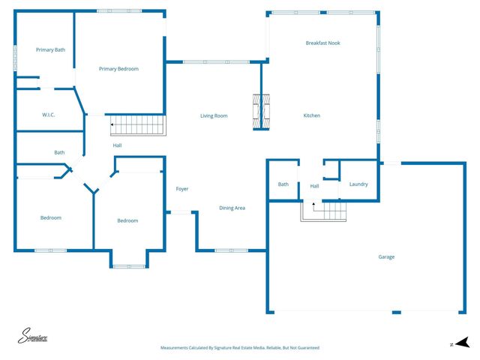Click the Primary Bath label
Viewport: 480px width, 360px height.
click(51, 49)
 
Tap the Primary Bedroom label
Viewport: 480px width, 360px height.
click(118, 69)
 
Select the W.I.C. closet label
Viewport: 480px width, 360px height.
click(49, 115)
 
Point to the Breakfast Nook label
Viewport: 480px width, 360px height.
click(322, 43)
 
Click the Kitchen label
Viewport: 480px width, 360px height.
click(312, 115)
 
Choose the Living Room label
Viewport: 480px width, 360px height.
click(214, 115)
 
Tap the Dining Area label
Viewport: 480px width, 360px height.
click(232, 208)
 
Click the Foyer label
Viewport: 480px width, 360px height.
click(182, 189)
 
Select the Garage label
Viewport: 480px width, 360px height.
click(386, 257)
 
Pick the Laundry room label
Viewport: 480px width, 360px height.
click(358, 184)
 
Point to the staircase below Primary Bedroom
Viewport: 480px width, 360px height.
click(136, 125)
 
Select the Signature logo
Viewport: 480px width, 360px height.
click(34, 337)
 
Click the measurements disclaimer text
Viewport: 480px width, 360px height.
click(240, 348)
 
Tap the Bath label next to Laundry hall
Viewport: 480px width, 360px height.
click(283, 184)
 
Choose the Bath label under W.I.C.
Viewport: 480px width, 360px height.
click(59, 152)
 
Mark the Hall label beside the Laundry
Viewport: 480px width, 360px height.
click(314, 186)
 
